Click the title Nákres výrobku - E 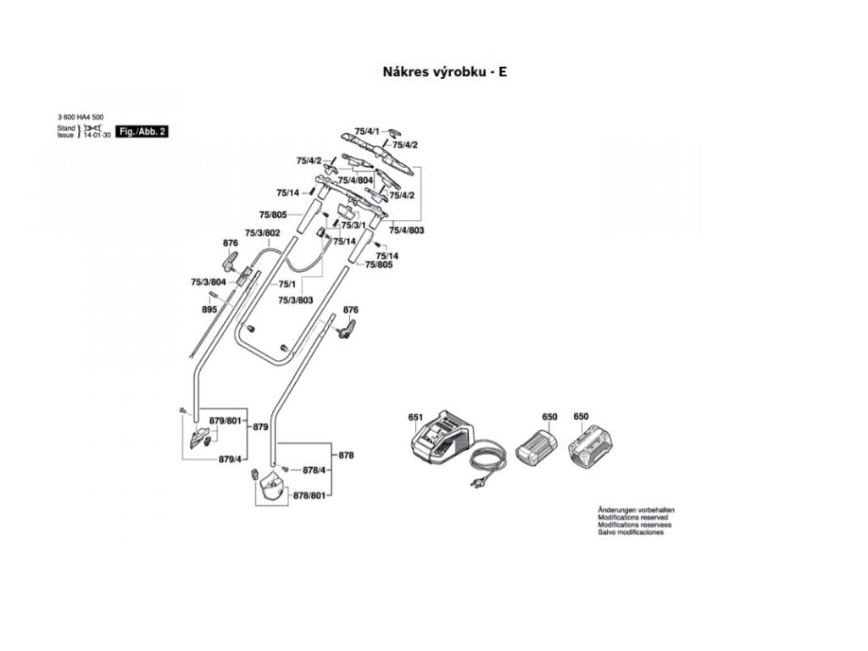[x=445, y=72]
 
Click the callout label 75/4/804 [x=356, y=181]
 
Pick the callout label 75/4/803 [x=406, y=231]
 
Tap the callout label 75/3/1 [x=353, y=225]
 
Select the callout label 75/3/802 [x=262, y=232]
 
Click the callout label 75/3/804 [x=208, y=281]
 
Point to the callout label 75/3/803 [x=296, y=300]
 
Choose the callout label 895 [x=209, y=310]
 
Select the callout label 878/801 [x=309, y=494]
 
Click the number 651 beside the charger [x=415, y=417]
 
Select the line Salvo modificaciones [x=631, y=532]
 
